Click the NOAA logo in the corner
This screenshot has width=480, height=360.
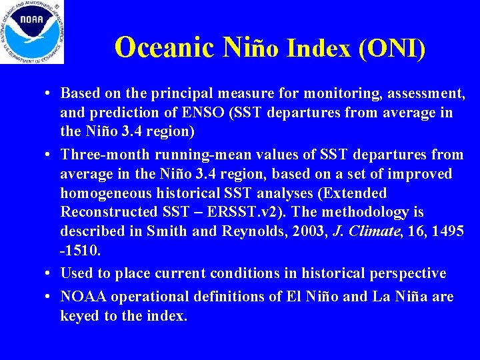tap(32, 32)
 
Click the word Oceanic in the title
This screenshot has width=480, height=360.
tap(164, 47)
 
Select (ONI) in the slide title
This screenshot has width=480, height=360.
tap(392, 47)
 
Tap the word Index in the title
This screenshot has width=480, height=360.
tap(318, 47)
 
